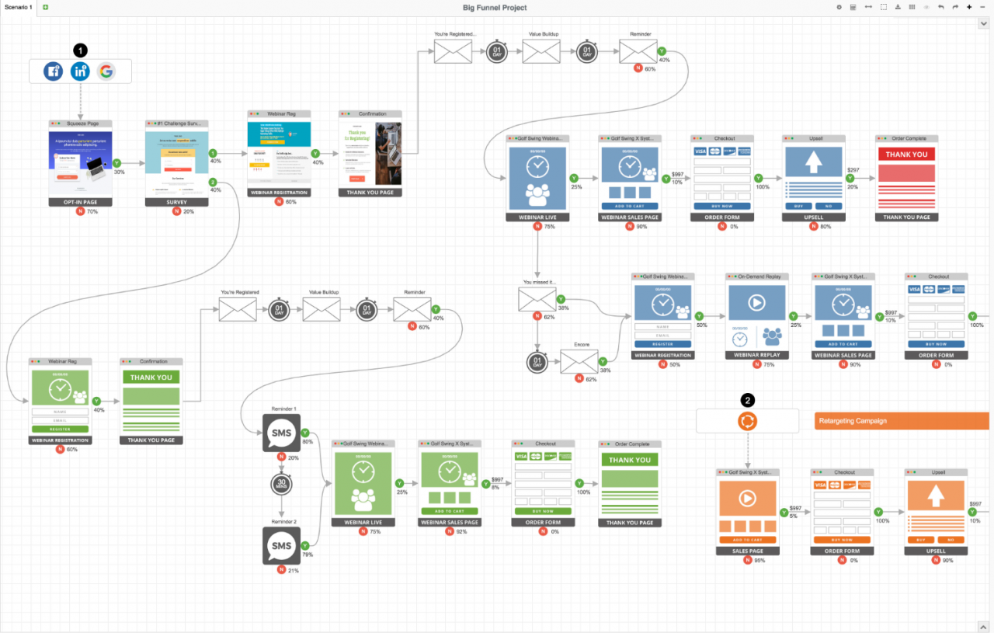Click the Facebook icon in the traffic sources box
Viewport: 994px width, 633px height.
tap(53, 71)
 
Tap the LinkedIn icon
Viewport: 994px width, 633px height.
tap(80, 71)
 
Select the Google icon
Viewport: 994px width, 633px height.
tap(106, 71)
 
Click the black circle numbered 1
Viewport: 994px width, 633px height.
tap(80, 50)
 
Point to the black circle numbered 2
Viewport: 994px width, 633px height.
tap(747, 401)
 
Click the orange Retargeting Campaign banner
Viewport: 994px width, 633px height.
tap(901, 421)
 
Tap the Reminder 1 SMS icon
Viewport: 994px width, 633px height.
tap(281, 433)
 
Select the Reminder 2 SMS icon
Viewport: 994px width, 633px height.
tap(281, 545)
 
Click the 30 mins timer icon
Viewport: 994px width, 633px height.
tap(281, 485)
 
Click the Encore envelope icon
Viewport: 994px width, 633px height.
tap(579, 361)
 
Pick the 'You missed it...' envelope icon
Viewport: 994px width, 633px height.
tap(537, 299)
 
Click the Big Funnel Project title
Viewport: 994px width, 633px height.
tap(495, 8)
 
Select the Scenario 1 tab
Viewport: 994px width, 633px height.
tap(19, 7)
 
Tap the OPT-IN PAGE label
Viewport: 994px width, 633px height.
tap(80, 202)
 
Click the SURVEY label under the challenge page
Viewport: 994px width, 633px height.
tap(176, 202)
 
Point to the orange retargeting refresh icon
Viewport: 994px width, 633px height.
tap(747, 421)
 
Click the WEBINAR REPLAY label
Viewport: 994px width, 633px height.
tap(757, 355)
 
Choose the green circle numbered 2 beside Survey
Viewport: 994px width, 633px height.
tap(212, 182)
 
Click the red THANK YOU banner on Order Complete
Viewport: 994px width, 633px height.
tap(906, 155)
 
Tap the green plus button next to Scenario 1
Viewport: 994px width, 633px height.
tap(45, 7)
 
